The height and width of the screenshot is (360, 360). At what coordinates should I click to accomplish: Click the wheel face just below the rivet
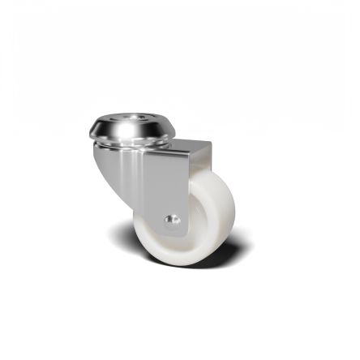(172, 239)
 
